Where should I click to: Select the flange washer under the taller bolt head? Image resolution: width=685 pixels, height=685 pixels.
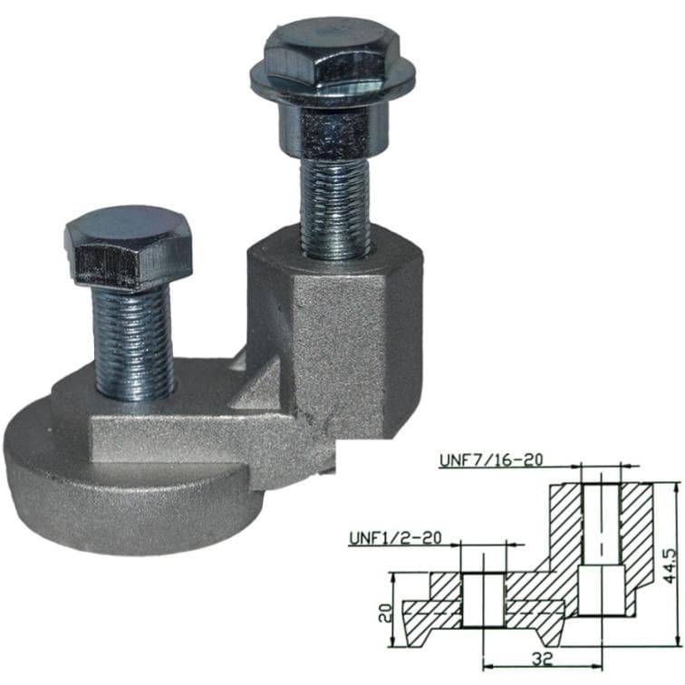click(333, 91)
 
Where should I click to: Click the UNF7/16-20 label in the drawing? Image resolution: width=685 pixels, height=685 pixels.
click(490, 459)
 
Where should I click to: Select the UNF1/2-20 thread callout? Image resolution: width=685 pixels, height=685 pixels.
click(395, 537)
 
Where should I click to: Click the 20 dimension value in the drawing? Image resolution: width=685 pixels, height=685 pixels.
click(383, 612)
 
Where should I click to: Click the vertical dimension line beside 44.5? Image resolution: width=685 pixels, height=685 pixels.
click(678, 562)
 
